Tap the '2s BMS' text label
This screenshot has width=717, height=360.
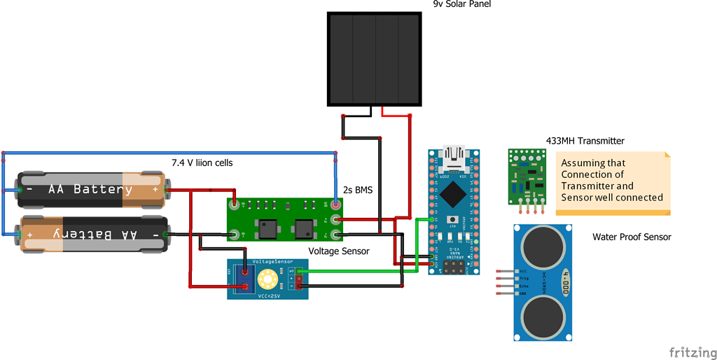357,190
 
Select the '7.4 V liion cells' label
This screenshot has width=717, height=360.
202,162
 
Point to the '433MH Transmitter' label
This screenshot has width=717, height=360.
585,141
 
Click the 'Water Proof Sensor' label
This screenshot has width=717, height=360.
632,237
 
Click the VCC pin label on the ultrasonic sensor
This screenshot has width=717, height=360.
523,270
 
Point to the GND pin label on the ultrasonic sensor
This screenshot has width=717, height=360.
523,293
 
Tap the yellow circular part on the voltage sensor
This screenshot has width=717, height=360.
267,280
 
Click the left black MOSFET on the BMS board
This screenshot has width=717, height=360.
267,228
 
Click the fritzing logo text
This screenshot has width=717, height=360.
692,351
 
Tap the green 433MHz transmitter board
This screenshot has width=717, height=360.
529,175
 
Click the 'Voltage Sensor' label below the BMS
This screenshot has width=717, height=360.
339,251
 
